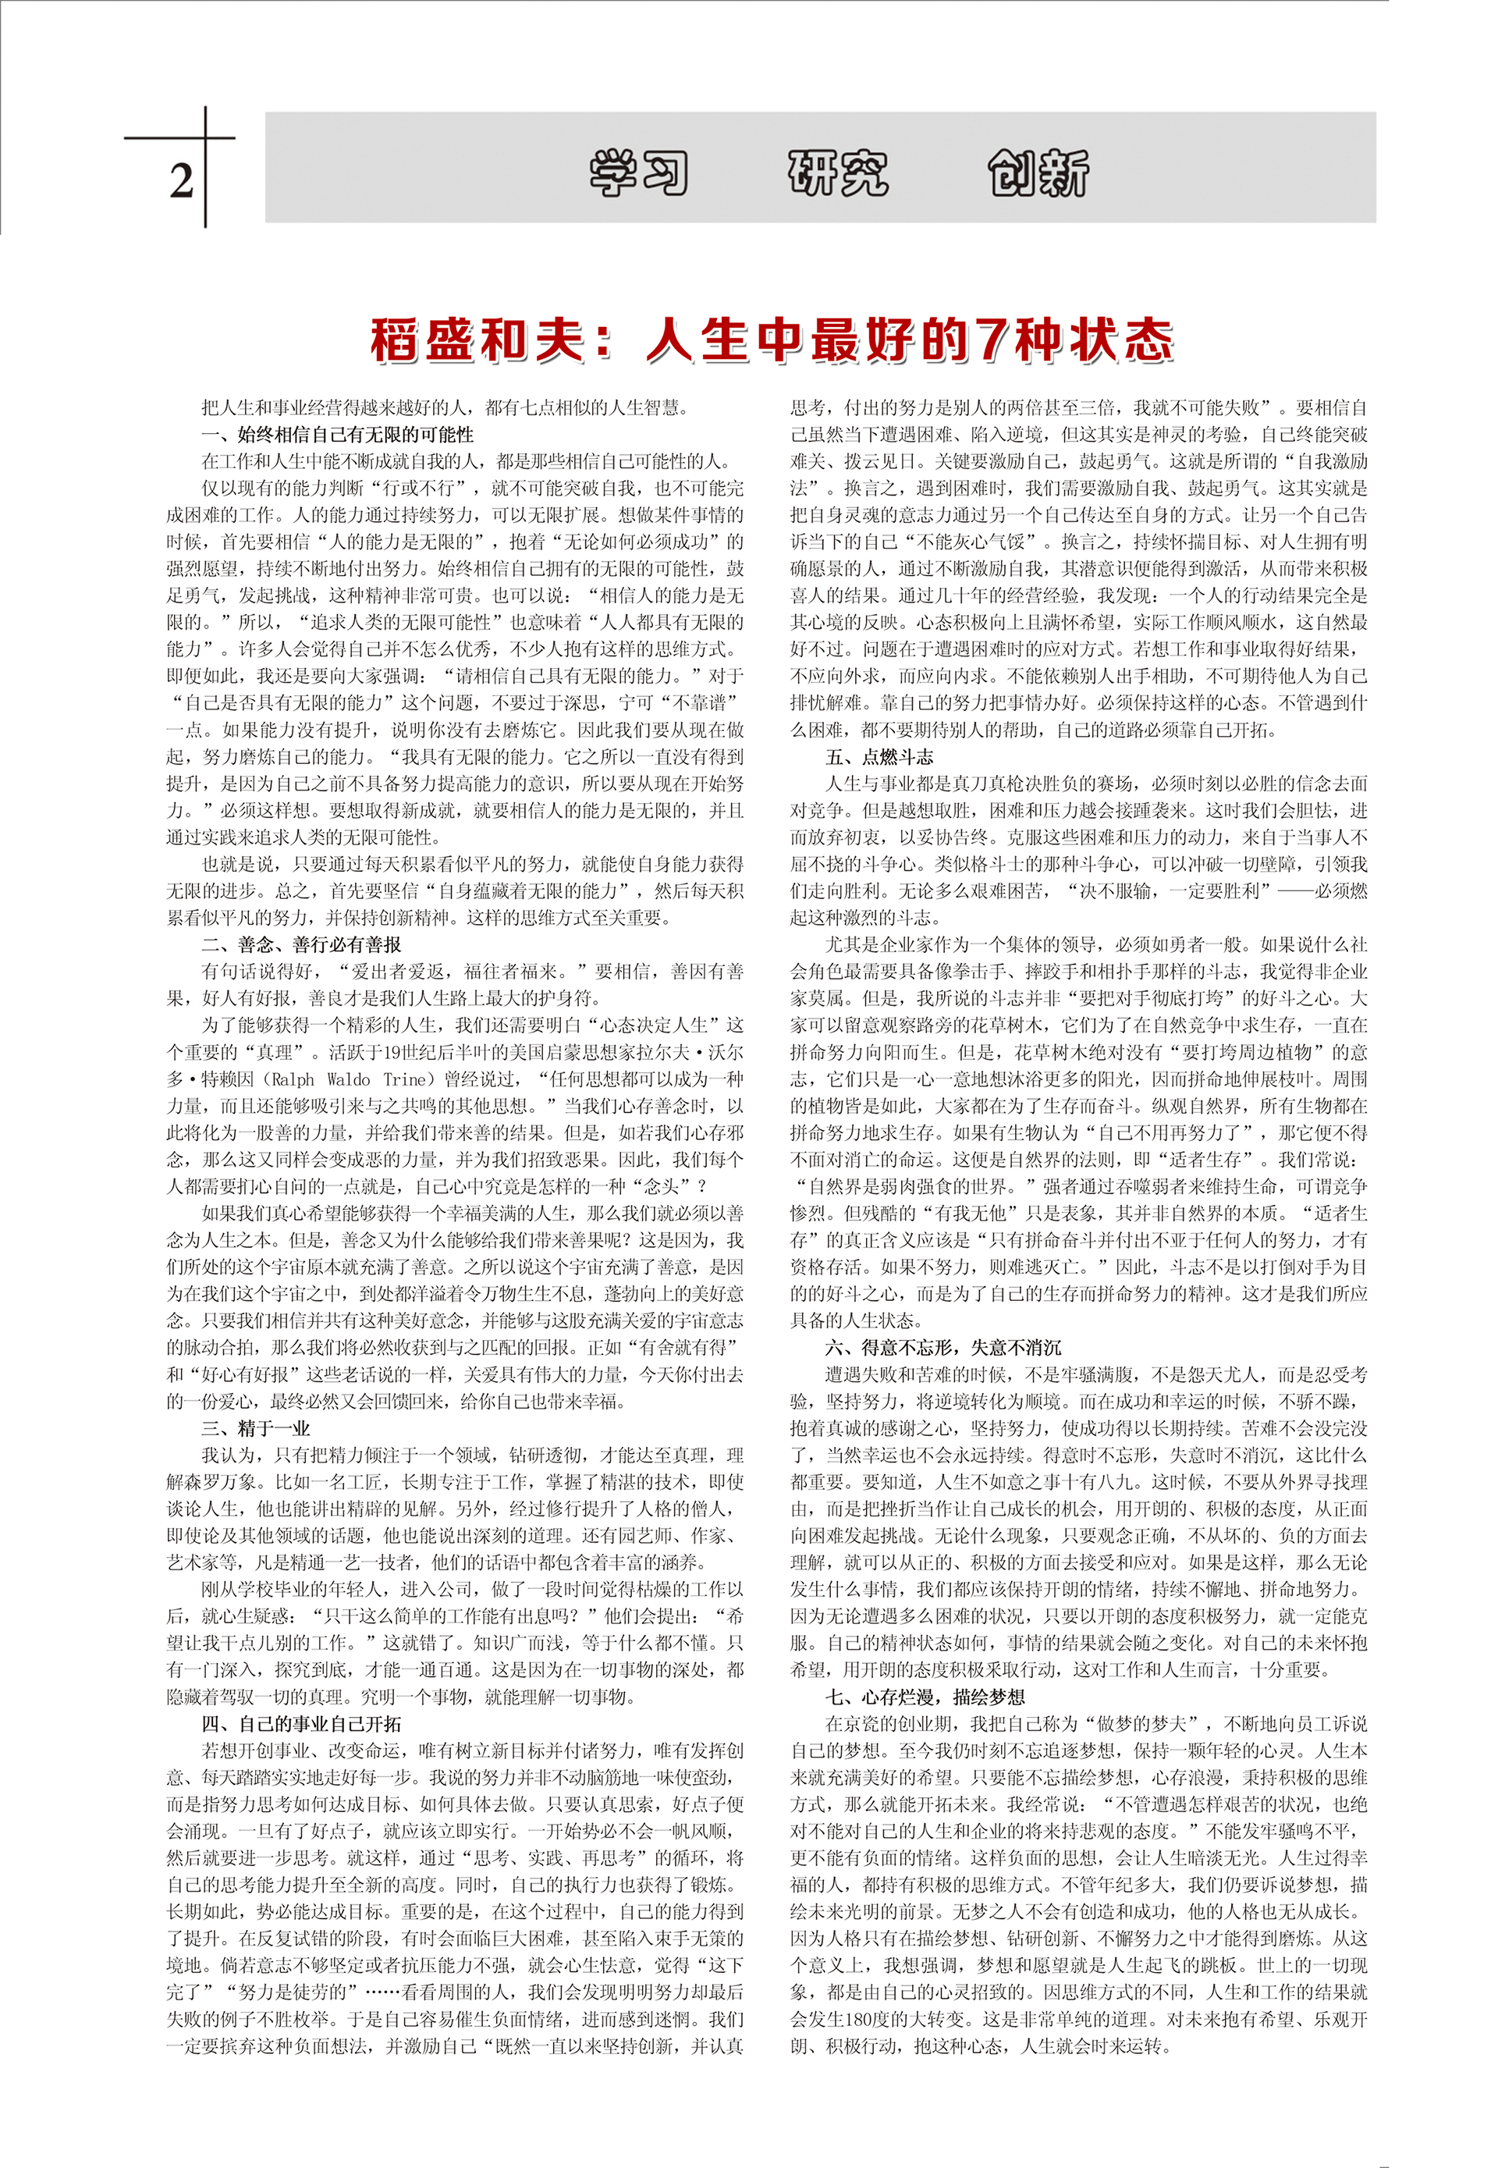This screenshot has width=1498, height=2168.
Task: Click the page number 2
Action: click(181, 179)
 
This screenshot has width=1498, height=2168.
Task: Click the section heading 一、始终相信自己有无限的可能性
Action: click(338, 434)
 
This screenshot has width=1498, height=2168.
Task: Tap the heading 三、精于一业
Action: click(255, 1428)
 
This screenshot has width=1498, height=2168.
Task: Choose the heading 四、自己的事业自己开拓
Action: click(302, 1723)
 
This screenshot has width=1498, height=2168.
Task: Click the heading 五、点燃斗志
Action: click(879, 757)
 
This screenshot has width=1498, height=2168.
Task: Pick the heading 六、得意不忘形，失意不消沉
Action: click(943, 1347)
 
